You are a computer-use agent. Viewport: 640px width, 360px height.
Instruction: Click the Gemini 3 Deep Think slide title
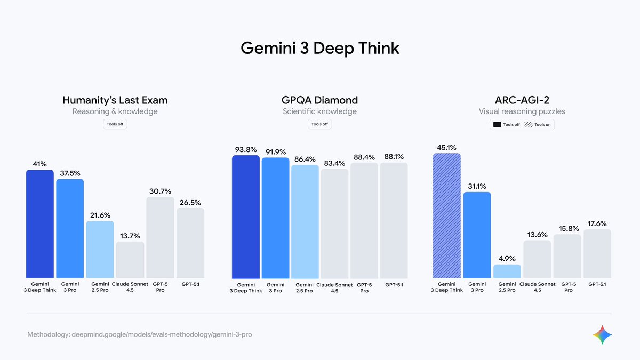tap(319, 48)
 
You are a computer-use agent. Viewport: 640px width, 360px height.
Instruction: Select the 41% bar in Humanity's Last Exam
tap(40, 224)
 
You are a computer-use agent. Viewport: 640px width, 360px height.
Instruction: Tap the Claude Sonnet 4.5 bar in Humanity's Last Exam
tap(130, 260)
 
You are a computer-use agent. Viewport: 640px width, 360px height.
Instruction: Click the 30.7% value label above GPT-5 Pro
tap(160, 191)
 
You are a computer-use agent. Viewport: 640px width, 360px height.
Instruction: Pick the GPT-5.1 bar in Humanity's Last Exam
tap(190, 243)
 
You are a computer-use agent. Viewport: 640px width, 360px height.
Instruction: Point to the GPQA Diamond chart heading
tap(319, 100)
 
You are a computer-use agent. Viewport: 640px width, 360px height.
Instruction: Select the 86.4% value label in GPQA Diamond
tap(305, 159)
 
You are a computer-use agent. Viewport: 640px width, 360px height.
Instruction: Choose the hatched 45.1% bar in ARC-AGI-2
tap(447, 215)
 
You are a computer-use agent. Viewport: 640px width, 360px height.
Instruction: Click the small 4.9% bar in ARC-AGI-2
tap(507, 271)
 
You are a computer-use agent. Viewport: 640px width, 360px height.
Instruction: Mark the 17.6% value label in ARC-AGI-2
tap(597, 223)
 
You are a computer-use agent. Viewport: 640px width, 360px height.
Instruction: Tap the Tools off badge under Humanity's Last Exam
tap(115, 124)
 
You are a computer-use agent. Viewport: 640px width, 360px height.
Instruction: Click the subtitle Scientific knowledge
tap(319, 111)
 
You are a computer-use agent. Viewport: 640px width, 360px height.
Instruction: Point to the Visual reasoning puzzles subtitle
tap(522, 111)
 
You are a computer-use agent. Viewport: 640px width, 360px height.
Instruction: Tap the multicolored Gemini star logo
tap(602, 335)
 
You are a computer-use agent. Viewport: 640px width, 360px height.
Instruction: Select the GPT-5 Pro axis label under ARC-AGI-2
tap(568, 287)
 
